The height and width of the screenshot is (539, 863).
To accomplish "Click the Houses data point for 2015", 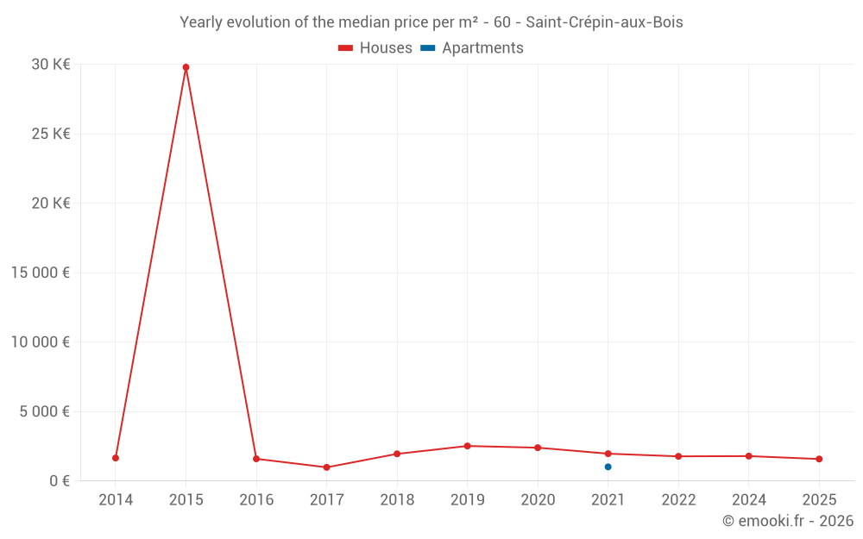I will [186, 67].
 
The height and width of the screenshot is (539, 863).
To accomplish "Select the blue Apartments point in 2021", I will [608, 467].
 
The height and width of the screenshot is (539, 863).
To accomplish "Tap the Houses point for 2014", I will [116, 458].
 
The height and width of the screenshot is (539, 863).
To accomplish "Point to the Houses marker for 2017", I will [326, 467].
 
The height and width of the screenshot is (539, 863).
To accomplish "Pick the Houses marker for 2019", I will [467, 446].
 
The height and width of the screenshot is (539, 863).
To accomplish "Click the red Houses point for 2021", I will [608, 454].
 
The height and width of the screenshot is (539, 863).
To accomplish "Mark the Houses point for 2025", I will [819, 459].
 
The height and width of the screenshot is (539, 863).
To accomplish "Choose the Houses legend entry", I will [375, 48].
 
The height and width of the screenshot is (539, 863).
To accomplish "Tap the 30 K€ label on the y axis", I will [51, 65].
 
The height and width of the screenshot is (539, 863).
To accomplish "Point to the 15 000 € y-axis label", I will [41, 273].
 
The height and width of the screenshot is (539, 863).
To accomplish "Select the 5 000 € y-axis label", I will [45, 411].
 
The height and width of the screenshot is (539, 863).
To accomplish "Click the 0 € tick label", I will [60, 480].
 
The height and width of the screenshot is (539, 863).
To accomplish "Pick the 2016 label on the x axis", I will [256, 500].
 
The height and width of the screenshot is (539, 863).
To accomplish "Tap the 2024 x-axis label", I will [748, 500].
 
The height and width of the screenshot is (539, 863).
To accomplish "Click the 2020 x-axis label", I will [538, 500].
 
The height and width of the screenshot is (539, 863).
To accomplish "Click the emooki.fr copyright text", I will [788, 521].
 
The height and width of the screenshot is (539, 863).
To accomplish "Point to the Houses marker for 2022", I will [678, 456].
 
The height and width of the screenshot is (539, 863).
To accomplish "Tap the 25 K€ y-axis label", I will [51, 134].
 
